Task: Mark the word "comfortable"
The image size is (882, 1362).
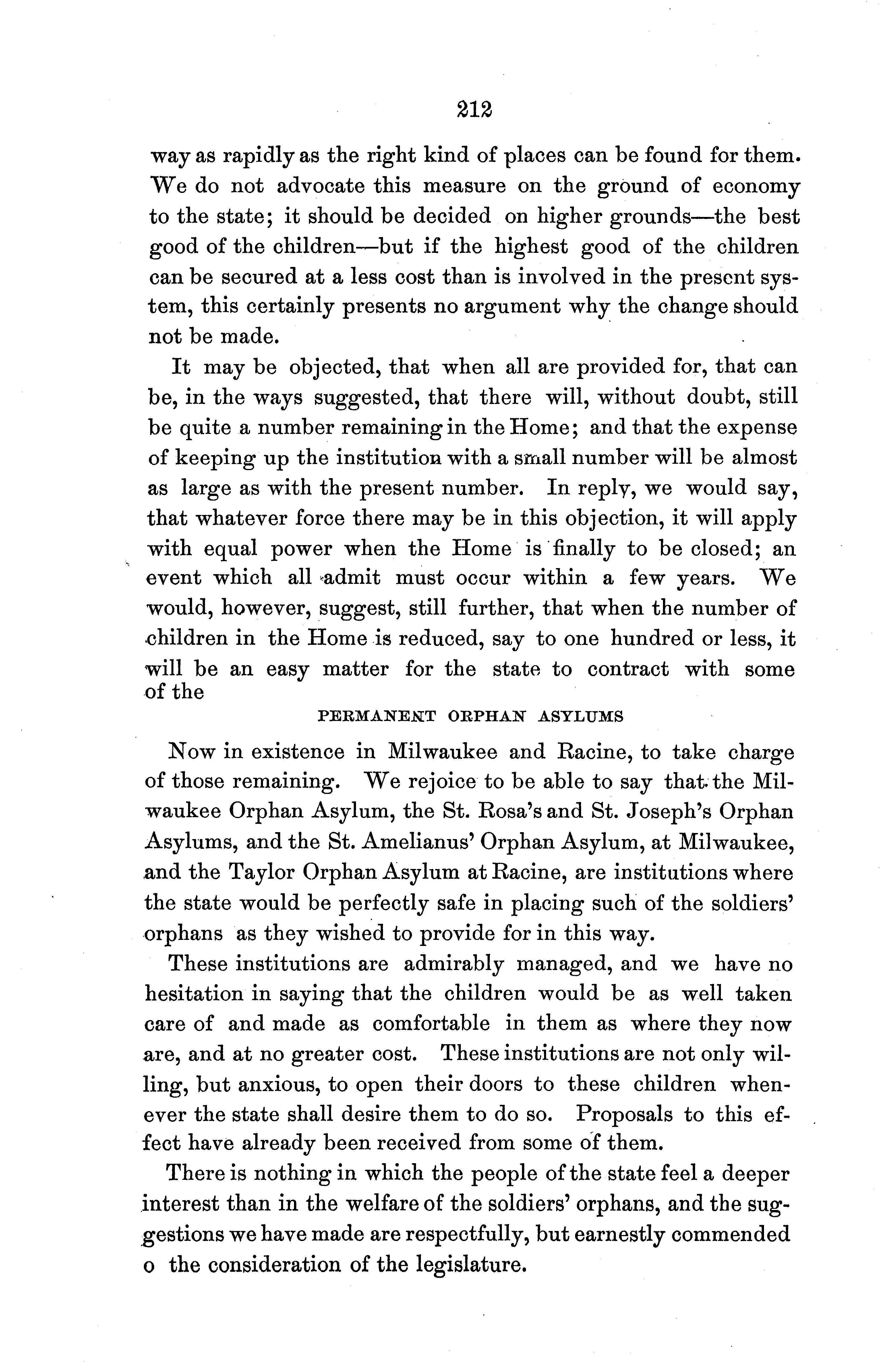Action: click(x=431, y=1024)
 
